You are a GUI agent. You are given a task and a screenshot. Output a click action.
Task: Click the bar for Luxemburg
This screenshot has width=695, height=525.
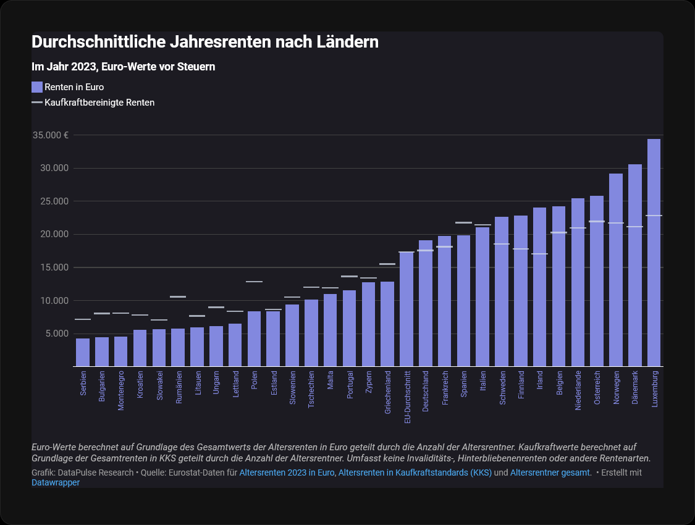tap(654, 253)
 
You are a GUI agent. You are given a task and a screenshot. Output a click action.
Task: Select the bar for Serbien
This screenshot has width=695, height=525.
tap(83, 352)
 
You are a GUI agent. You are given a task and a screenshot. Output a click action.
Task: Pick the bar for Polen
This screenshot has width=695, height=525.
tap(254, 339)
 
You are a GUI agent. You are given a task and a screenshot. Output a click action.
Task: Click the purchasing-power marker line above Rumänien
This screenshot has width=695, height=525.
tap(178, 297)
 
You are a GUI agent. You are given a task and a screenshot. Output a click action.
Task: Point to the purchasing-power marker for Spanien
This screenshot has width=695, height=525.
tap(463, 222)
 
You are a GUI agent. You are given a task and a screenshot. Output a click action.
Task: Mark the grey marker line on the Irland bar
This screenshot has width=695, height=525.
tap(539, 254)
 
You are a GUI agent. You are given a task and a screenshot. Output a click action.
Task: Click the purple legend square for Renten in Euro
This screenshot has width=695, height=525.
tap(37, 87)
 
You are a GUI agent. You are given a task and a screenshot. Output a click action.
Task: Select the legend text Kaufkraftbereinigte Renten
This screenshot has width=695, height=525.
tap(99, 103)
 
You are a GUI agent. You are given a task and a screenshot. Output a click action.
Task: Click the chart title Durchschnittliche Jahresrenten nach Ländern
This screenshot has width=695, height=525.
tap(204, 43)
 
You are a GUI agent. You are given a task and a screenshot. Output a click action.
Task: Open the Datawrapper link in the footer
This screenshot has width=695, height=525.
tap(56, 482)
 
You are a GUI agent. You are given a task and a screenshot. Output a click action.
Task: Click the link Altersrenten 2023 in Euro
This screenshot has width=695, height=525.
tap(287, 472)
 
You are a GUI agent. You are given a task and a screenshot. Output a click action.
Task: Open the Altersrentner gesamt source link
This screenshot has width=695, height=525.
tap(550, 472)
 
